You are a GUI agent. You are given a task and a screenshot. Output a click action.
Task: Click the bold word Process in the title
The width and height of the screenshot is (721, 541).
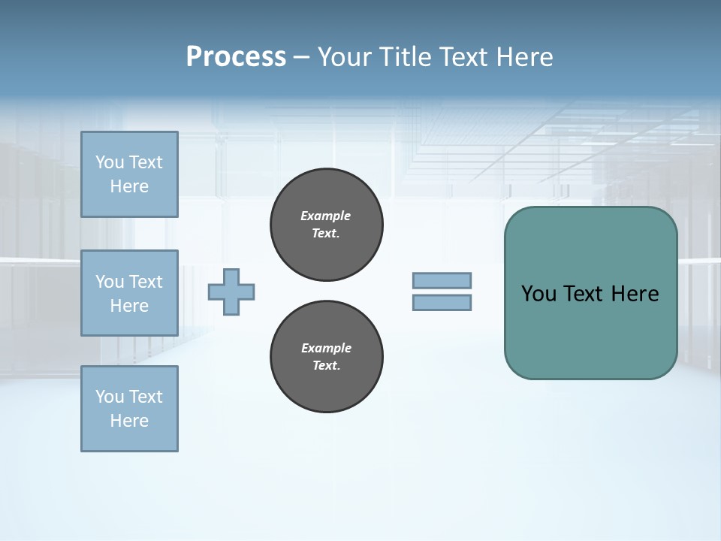pyautogui.click(x=236, y=57)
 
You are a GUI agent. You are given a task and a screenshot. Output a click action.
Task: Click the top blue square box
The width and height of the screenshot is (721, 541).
pyautogui.click(x=129, y=174)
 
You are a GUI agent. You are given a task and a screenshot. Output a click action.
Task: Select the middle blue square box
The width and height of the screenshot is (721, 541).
pyautogui.click(x=129, y=293)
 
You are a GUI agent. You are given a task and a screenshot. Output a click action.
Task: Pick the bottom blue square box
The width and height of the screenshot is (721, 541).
pyautogui.click(x=129, y=409)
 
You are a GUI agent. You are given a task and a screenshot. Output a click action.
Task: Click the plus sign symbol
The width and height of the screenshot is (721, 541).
pyautogui.click(x=231, y=292)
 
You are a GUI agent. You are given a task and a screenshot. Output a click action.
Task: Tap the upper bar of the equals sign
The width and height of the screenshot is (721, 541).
pyautogui.click(x=442, y=281)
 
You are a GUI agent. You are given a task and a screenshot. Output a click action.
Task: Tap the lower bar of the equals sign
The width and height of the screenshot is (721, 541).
pyautogui.click(x=442, y=303)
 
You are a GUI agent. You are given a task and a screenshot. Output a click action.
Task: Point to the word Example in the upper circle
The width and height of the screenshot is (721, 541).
pyautogui.click(x=326, y=216)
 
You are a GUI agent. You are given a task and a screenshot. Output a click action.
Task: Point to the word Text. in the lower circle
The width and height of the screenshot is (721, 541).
pyautogui.click(x=326, y=366)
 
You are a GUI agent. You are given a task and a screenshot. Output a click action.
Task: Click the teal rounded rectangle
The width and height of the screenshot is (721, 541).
pyautogui.click(x=590, y=331)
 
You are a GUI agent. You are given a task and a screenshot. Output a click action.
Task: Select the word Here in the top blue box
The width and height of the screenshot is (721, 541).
pyautogui.click(x=129, y=186)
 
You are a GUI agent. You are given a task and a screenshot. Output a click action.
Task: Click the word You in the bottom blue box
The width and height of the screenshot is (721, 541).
pyautogui.click(x=110, y=397)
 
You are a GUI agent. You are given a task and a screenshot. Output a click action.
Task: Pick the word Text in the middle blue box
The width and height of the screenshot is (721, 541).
pyautogui.click(x=146, y=282)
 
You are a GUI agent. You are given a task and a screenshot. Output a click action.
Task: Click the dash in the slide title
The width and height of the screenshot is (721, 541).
pyautogui.click(x=302, y=57)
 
